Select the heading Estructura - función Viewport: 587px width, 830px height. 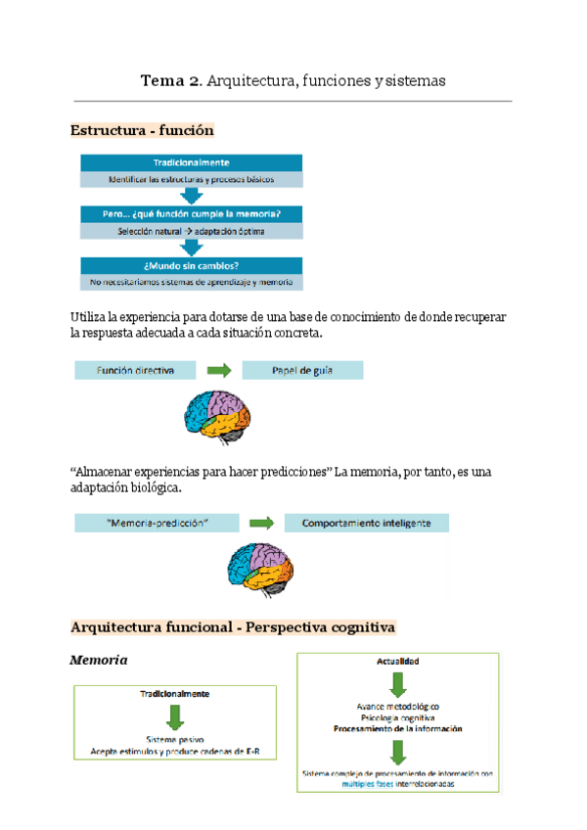142,130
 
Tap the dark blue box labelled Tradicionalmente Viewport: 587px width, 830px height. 191,162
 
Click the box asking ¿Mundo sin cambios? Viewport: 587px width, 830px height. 191,264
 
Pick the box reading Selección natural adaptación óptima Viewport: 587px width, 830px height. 191,232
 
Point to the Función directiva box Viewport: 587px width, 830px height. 135,371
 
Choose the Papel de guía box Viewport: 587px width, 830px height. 302,371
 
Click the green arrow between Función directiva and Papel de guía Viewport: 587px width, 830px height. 218,371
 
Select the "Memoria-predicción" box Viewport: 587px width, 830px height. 158,524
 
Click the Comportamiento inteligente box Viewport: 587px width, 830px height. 366,524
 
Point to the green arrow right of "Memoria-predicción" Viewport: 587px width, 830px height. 261,524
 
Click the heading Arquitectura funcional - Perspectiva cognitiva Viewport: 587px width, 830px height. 233,625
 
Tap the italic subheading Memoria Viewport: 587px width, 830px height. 99,661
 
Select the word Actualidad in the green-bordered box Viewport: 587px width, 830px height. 398,663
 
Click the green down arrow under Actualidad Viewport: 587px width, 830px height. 398,685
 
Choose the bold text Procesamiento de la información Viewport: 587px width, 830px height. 398,729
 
